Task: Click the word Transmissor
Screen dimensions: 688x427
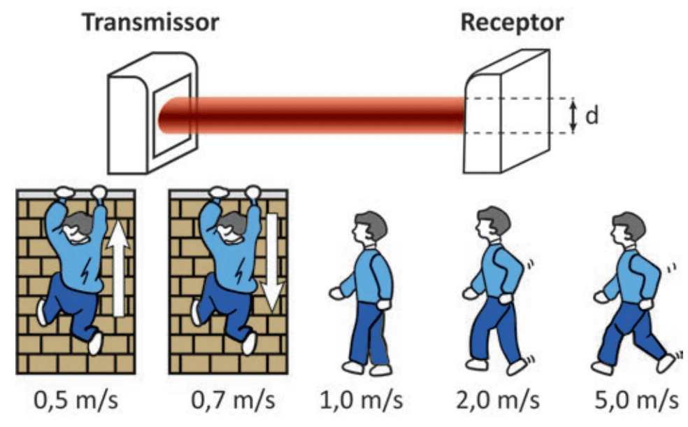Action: tap(150, 22)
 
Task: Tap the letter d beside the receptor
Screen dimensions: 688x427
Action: tap(592, 115)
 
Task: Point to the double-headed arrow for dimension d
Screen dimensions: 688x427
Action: tap(573, 115)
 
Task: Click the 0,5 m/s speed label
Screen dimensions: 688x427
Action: tap(76, 400)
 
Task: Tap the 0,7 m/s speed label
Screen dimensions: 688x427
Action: tap(233, 400)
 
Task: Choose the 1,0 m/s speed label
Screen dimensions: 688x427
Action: tap(361, 400)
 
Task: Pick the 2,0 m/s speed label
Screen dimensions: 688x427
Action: tap(498, 400)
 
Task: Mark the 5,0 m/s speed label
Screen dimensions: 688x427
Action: tap(636, 400)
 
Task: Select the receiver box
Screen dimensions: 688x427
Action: tap(507, 112)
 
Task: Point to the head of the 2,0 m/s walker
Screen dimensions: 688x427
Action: tap(494, 223)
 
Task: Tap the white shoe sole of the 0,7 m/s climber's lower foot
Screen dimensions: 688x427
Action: tap(249, 344)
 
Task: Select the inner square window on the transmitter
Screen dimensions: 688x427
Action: tap(171, 115)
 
